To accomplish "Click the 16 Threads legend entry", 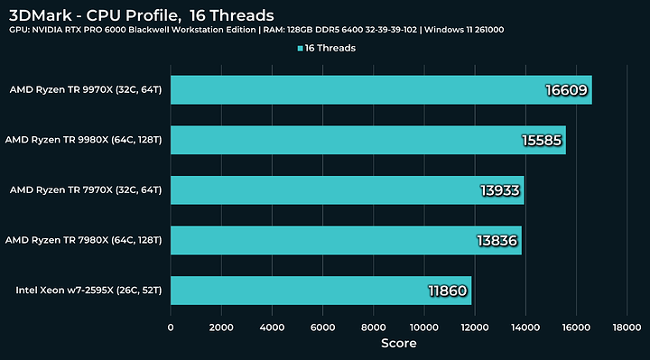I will tap(326, 48).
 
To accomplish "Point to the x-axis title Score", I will tap(398, 343).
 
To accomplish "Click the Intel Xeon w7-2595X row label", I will tap(88, 291).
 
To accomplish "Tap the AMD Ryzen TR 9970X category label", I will tap(85, 89).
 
